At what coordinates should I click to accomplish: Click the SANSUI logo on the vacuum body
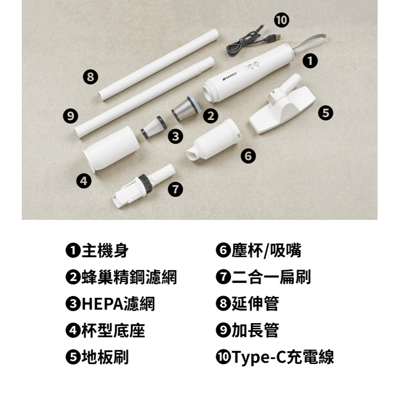(230, 76)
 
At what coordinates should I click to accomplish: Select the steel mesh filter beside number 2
(186, 108)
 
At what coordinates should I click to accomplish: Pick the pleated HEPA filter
(154, 127)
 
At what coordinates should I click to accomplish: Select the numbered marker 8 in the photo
(91, 76)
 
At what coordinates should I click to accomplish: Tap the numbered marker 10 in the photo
(281, 20)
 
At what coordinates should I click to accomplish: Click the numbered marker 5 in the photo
(325, 112)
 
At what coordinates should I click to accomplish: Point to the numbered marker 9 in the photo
(70, 116)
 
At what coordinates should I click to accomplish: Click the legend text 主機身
(105, 251)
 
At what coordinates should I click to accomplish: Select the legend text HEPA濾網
(118, 304)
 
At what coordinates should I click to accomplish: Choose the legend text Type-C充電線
(283, 357)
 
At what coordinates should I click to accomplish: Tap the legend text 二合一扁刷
(271, 277)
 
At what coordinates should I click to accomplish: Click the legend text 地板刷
(105, 357)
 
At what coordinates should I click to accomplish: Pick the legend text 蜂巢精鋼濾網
(129, 277)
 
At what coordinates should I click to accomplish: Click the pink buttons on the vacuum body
(253, 64)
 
